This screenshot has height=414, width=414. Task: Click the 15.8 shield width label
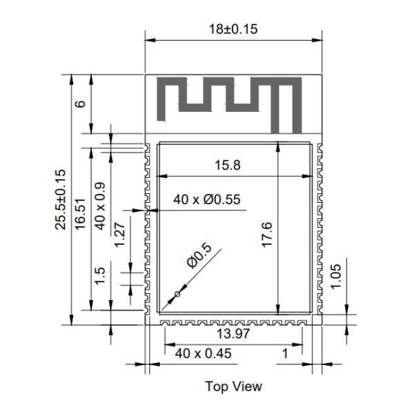228,166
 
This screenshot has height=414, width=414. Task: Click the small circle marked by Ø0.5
177,295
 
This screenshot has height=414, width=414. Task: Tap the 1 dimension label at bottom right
284,354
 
